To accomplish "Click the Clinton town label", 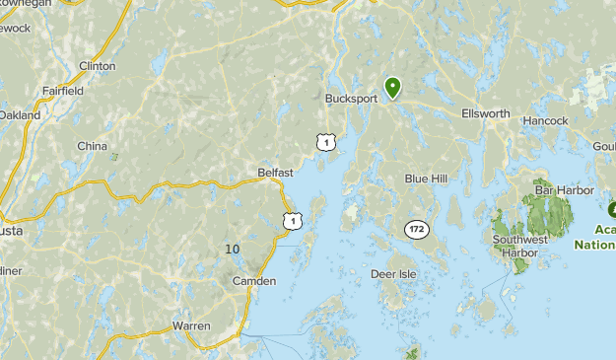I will (x=97, y=66).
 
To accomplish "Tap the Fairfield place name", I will (x=62, y=91).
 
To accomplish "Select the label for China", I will (x=93, y=146).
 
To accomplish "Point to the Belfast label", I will (x=275, y=173).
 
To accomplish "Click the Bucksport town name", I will (x=352, y=99).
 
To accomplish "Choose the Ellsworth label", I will (x=486, y=113).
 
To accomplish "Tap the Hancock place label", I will (x=545, y=120).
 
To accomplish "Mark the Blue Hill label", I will (x=426, y=179).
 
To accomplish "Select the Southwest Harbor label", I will (x=519, y=246).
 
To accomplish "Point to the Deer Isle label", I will (x=394, y=273).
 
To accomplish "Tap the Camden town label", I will (x=254, y=281).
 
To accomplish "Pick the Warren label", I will (x=191, y=324).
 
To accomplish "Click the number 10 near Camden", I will (x=232, y=249).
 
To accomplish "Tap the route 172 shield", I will (x=416, y=229).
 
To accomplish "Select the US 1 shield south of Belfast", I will (x=292, y=220).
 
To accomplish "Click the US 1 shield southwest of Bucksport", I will (x=325, y=143).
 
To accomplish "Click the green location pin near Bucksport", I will (x=392, y=88).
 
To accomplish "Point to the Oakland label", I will (x=20, y=115).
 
